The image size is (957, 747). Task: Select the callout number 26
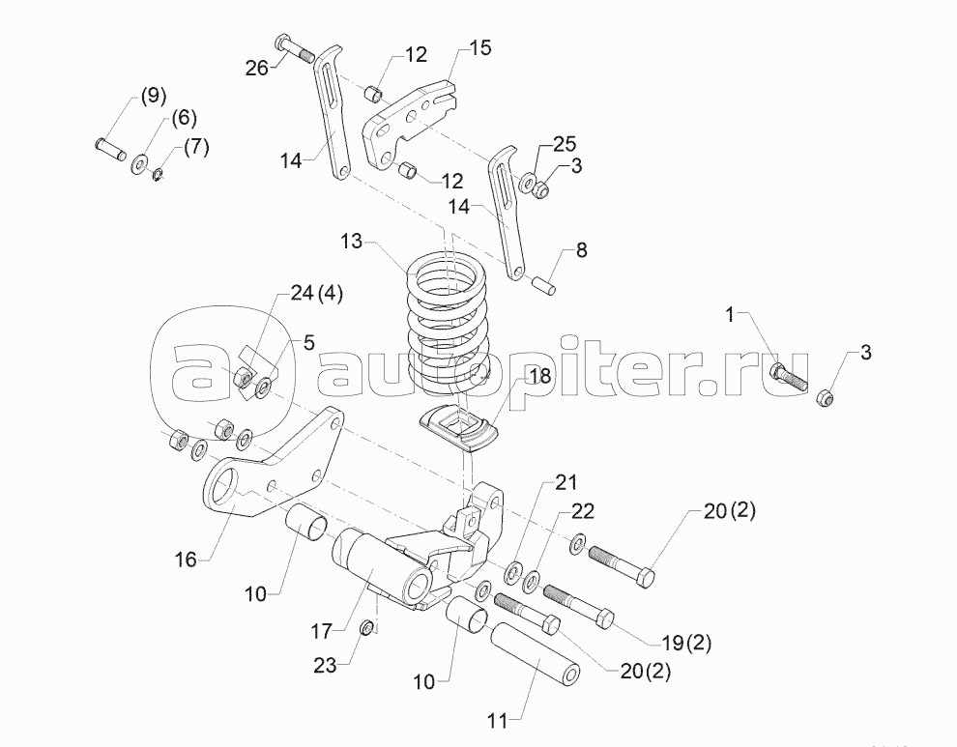pyautogui.click(x=257, y=68)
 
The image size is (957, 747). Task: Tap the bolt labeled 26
pyautogui.click(x=294, y=48)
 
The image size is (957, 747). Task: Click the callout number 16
pyautogui.click(x=187, y=559)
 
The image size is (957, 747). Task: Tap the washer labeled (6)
pyautogui.click(x=140, y=163)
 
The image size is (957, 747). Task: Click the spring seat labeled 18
pyautogui.click(x=459, y=426)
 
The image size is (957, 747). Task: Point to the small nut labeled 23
pyautogui.click(x=366, y=627)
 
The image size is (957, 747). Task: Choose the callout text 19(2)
pyautogui.click(x=686, y=643)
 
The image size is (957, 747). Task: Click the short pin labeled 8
pyautogui.click(x=543, y=285)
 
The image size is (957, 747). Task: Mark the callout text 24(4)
pyautogui.click(x=316, y=294)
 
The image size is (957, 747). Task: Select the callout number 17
pyautogui.click(x=321, y=631)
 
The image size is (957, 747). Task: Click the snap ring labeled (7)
pyautogui.click(x=159, y=177)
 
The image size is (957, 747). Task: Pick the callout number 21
pyautogui.click(x=565, y=482)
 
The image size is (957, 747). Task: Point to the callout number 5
pyautogui.click(x=309, y=343)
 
